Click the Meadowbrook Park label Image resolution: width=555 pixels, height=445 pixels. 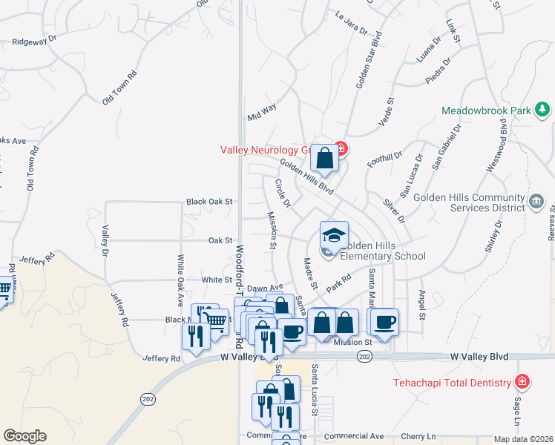tap(486, 111)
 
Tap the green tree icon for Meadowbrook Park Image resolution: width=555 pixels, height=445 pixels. tap(542, 110)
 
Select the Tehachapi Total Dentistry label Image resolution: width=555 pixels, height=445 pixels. tap(452, 383)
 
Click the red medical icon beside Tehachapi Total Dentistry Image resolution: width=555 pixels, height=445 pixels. tap(522, 383)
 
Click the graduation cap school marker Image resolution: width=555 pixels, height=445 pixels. tap(334, 235)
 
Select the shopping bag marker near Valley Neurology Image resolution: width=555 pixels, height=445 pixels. tap(325, 157)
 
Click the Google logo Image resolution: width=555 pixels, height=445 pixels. tap(24, 436)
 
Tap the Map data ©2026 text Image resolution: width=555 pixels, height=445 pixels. tap(523, 439)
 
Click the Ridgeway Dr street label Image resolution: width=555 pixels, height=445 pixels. tap(35, 40)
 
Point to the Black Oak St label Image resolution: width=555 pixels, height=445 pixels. tap(210, 201)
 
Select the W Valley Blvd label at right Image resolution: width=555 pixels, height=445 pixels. tap(479, 357)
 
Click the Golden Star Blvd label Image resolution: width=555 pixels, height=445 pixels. tap(369, 60)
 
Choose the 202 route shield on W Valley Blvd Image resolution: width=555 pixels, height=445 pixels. tap(364, 357)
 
